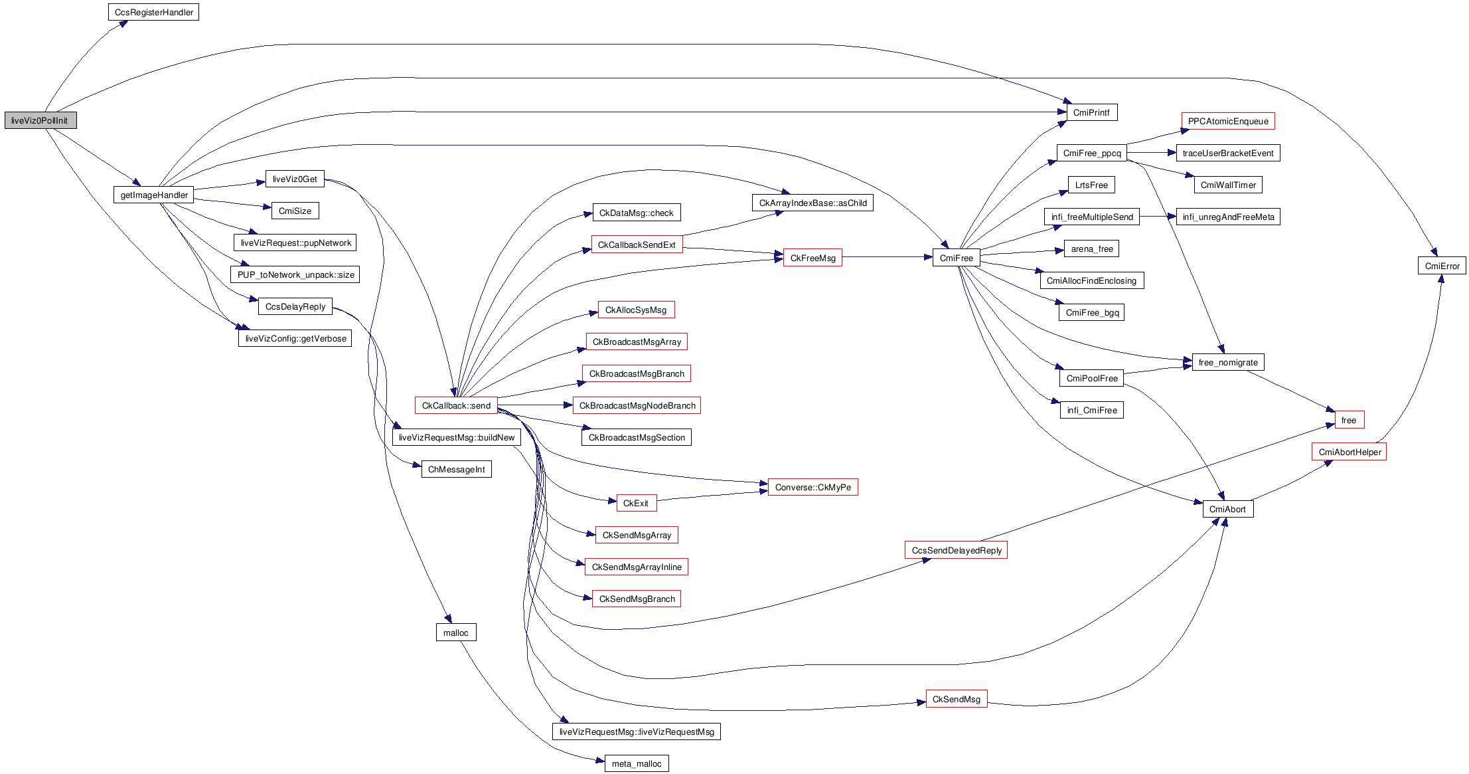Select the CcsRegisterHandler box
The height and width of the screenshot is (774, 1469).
click(x=153, y=12)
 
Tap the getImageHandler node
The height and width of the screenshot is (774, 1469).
click(x=153, y=195)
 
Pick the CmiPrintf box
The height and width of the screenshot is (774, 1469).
click(x=1091, y=112)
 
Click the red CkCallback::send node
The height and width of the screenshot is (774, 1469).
click(x=456, y=405)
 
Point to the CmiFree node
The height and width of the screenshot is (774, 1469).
click(x=956, y=258)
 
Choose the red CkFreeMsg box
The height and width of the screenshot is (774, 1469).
click(x=812, y=258)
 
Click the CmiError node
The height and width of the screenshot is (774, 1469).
click(x=1442, y=266)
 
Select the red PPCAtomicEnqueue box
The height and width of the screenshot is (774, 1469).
click(x=1227, y=121)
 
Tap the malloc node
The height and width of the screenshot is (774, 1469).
click(x=455, y=632)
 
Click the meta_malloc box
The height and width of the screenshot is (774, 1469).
click(x=636, y=763)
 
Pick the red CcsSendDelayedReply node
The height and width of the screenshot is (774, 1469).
click(x=956, y=550)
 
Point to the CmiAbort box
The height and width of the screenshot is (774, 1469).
click(x=1227, y=509)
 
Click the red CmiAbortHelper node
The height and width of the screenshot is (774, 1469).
click(x=1349, y=452)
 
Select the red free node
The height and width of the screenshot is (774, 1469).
click(x=1349, y=420)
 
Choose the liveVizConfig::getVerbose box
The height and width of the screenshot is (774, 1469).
click(x=295, y=338)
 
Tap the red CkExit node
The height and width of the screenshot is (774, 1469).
click(x=636, y=503)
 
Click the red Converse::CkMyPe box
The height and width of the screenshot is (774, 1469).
click(x=812, y=487)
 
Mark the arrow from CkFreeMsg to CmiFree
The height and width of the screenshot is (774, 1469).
click(x=887, y=257)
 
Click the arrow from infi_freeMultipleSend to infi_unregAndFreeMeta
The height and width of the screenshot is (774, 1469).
click(x=1158, y=217)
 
